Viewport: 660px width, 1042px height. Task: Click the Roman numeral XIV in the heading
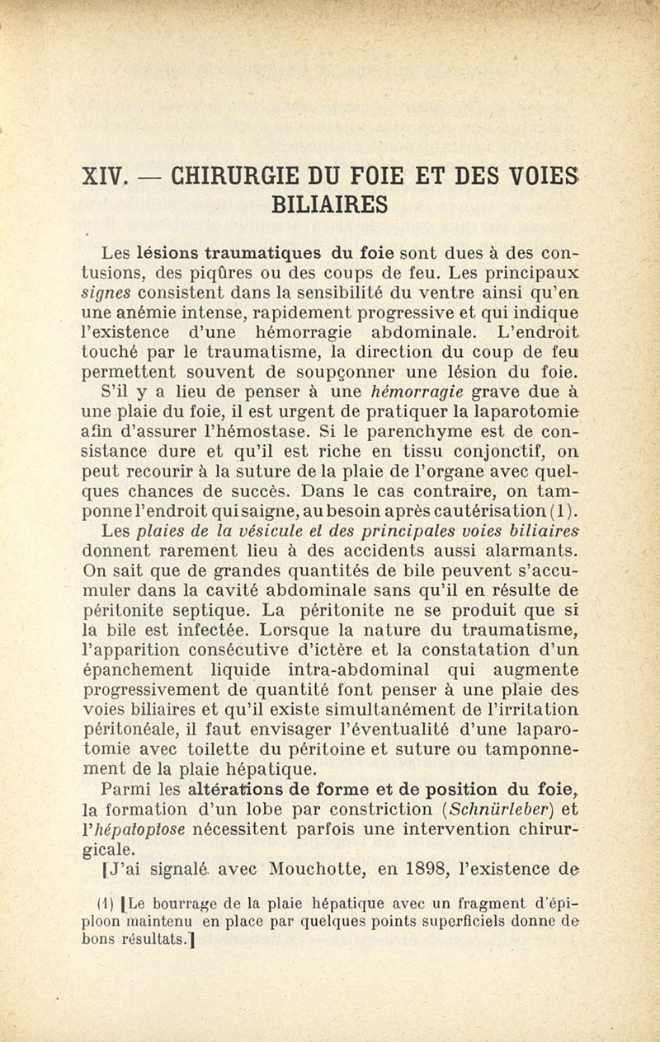[x=106, y=176]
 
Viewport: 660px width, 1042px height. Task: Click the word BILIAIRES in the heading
[x=329, y=204]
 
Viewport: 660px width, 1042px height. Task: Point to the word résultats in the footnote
[x=148, y=939]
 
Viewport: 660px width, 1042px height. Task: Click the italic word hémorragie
[x=417, y=391]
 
